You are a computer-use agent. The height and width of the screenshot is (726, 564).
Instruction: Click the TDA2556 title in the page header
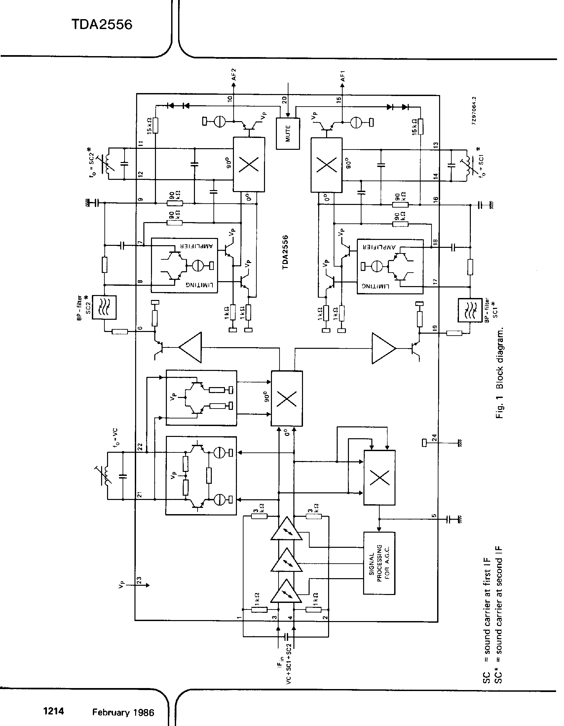(102, 25)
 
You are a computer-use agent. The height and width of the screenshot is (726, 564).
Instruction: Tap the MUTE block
(288, 133)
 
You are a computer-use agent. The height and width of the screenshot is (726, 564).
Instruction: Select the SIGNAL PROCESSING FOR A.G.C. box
(379, 563)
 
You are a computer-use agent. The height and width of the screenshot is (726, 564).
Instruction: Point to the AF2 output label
(234, 75)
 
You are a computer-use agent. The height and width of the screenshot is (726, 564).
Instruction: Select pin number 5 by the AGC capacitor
(434, 516)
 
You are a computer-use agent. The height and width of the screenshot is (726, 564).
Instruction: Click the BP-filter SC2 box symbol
(104, 307)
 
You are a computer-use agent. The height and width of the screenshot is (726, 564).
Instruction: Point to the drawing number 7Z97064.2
(474, 111)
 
